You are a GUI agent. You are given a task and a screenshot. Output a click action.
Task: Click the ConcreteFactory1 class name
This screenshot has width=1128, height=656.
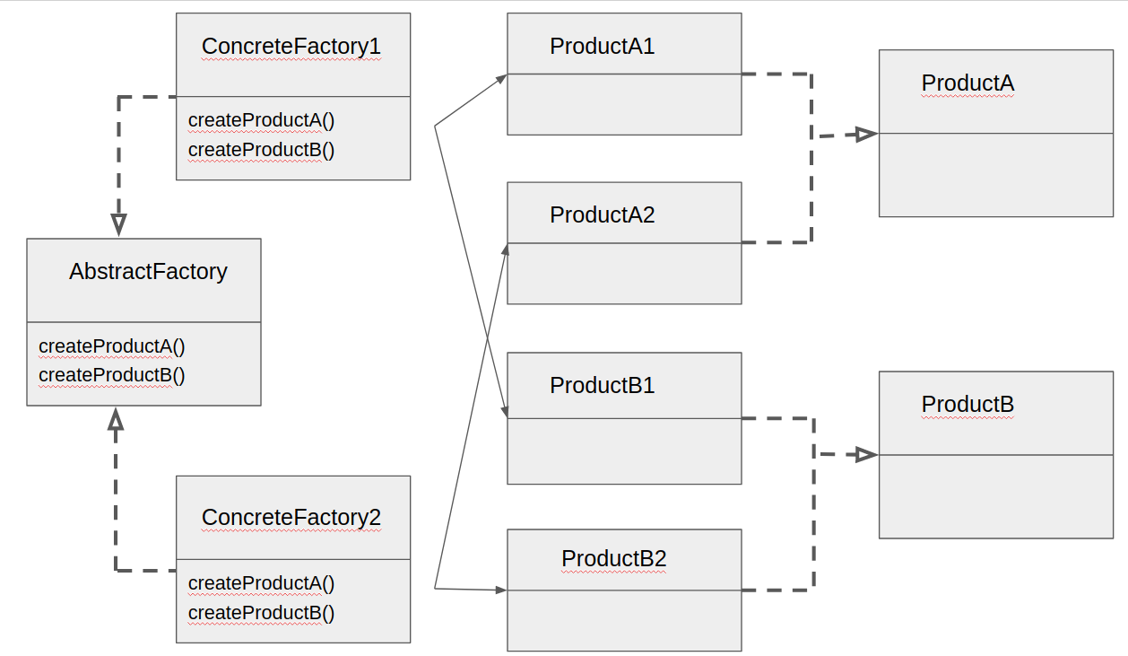tap(291, 47)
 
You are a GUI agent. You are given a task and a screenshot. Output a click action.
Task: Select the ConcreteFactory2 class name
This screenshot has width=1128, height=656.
tap(291, 518)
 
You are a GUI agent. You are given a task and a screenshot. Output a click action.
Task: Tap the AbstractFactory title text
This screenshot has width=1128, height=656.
tap(148, 272)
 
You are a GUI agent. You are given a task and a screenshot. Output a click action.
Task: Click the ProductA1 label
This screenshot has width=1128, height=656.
tap(602, 47)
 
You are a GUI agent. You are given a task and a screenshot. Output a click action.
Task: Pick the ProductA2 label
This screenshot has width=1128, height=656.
tap(602, 215)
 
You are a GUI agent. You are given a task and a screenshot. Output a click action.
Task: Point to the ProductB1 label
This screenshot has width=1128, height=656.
tap(602, 386)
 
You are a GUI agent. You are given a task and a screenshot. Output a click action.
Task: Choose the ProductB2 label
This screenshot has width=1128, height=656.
tap(613, 559)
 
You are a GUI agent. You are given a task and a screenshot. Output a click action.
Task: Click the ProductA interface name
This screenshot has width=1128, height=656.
tap(967, 83)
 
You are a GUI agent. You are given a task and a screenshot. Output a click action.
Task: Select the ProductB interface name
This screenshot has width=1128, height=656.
tap(967, 405)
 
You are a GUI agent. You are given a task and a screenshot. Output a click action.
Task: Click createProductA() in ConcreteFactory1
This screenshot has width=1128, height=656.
tap(261, 120)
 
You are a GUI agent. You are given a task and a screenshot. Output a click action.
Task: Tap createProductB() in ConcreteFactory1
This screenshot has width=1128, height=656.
tap(261, 150)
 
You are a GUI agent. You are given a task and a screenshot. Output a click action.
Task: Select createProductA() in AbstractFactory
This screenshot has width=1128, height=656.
tap(112, 346)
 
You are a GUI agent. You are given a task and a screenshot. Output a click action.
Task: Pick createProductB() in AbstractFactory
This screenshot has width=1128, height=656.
tap(112, 375)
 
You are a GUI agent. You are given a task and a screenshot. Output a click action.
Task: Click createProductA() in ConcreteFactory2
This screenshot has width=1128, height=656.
tap(261, 583)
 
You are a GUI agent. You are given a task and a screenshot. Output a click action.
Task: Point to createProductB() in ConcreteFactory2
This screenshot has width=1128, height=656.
tap(261, 613)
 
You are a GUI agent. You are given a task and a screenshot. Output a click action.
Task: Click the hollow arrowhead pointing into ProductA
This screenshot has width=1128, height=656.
tap(865, 135)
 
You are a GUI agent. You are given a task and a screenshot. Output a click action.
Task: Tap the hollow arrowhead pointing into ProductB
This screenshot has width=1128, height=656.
tap(865, 455)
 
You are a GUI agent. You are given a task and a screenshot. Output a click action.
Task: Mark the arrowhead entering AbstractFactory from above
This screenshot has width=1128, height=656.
tap(118, 224)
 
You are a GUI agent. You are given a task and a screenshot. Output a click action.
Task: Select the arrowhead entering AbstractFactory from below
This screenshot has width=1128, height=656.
tap(116, 419)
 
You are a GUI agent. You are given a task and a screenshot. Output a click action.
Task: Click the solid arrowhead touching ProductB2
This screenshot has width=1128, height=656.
tap(500, 590)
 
